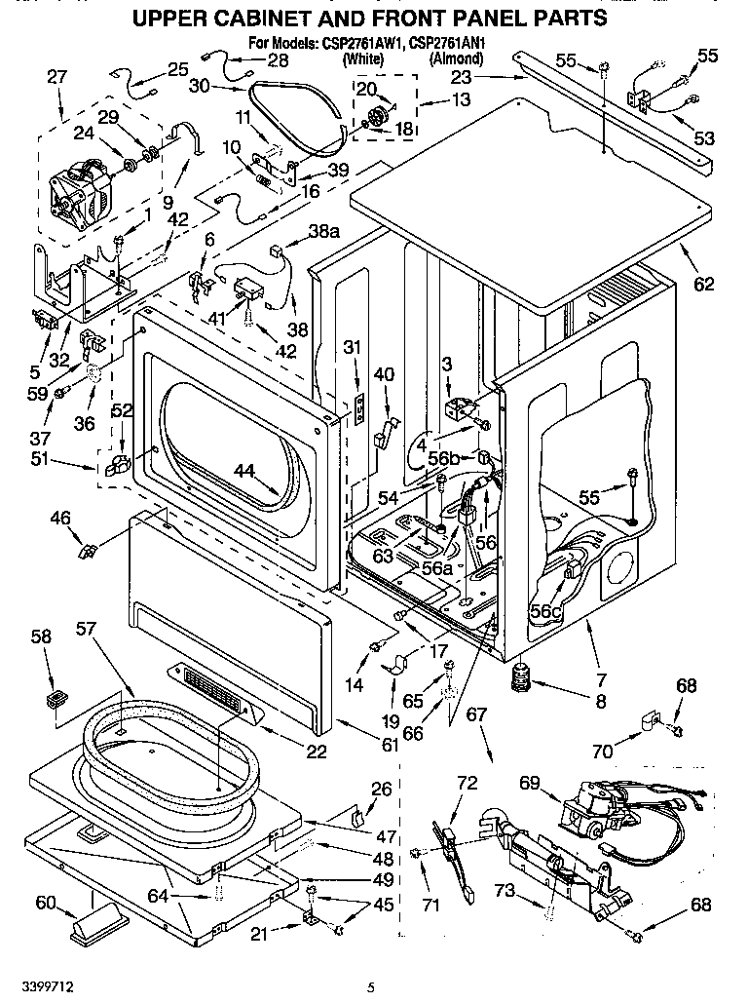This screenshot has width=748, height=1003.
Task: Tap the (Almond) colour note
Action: (456, 58)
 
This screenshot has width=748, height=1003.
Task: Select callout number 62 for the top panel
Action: (703, 284)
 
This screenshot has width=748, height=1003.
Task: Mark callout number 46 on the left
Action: (60, 519)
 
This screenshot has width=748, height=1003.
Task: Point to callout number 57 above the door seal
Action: (87, 629)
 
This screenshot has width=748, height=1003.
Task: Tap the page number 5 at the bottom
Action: (370, 986)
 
